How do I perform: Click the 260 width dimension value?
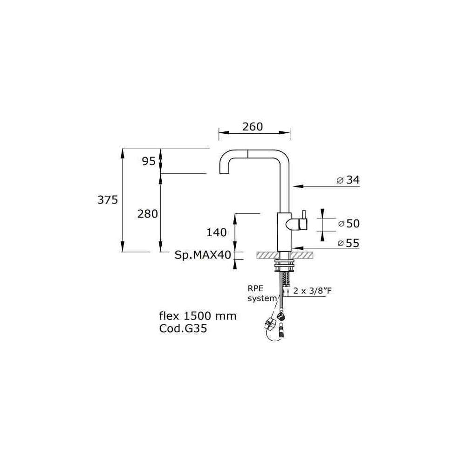pos(252,127)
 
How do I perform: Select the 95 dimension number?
pos(149,161)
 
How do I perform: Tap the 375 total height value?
pos(108,200)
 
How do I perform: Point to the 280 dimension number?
pos(147,214)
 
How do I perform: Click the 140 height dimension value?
pos(216,233)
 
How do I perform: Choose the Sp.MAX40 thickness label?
pos(203,255)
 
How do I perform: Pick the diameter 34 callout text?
pos(348,180)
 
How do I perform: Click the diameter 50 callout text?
pos(349,224)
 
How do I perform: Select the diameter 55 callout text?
pos(349,243)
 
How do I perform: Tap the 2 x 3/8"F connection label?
pos(312,290)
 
